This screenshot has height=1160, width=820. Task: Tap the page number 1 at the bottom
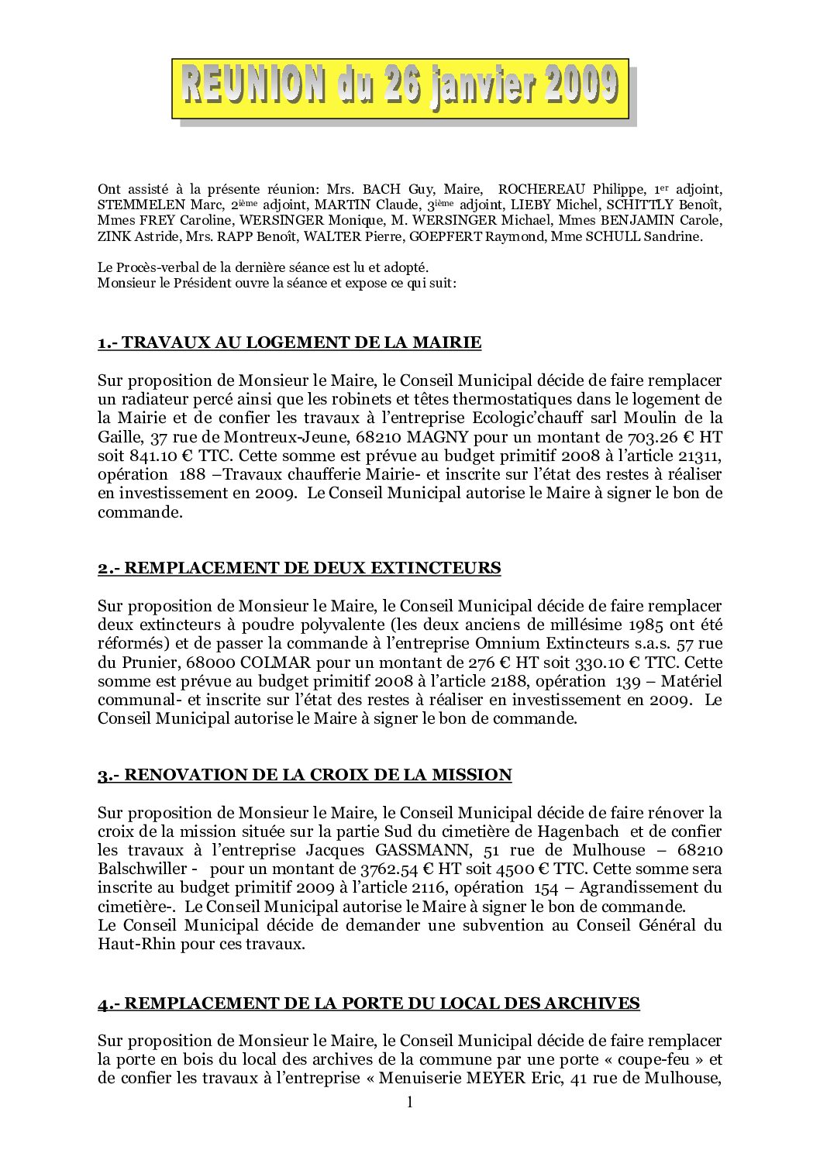click(410, 1102)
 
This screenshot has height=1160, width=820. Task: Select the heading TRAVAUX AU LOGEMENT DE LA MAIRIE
click(290, 342)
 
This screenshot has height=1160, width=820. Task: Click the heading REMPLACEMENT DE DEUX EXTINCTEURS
click(299, 568)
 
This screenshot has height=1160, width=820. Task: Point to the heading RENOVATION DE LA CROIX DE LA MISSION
click(305, 775)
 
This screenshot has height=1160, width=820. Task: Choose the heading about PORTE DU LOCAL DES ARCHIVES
click(369, 1003)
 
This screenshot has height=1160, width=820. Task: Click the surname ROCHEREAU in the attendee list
click(542, 190)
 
